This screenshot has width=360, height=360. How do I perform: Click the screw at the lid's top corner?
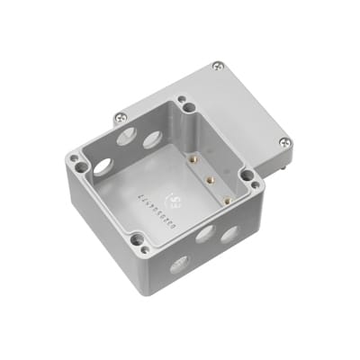click(x=217, y=66)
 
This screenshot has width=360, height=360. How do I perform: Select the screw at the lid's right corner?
click(x=284, y=140)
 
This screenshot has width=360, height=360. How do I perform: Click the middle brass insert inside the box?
click(x=209, y=179)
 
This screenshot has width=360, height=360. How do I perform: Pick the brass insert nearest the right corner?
click(x=226, y=199)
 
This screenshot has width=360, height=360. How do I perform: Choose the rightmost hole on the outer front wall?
click(x=229, y=234)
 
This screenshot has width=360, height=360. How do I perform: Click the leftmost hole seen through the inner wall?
click(x=103, y=166)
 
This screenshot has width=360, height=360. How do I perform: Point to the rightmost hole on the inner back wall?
click(x=151, y=138)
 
